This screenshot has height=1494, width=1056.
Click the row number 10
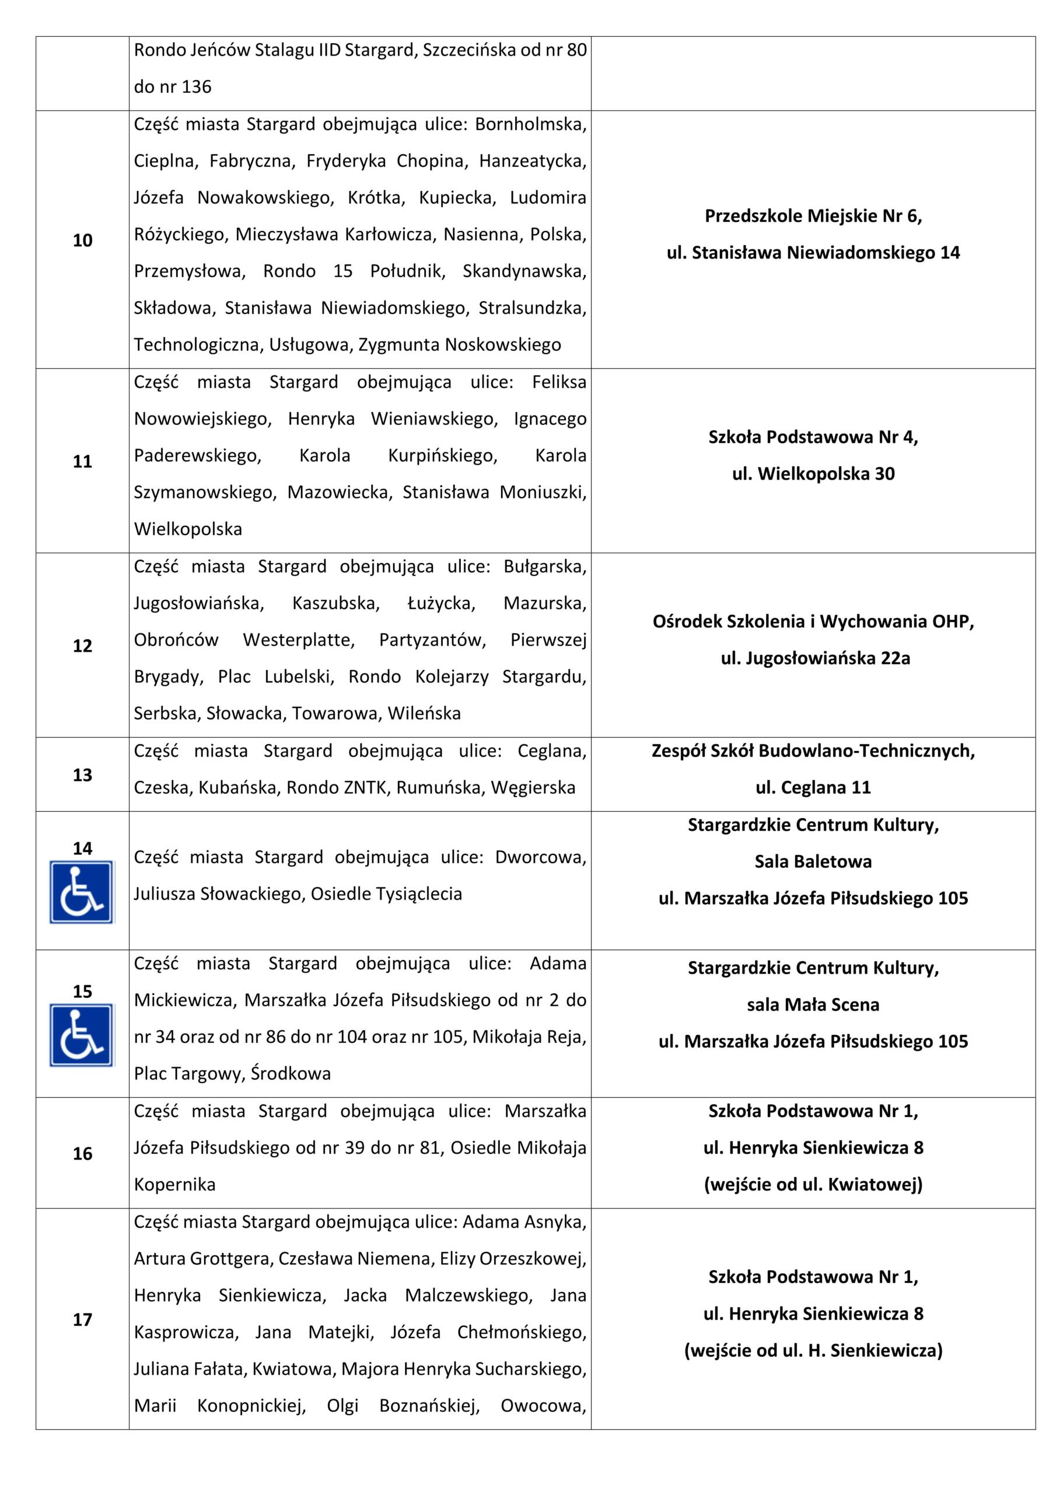[83, 240]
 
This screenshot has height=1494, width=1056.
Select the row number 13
[83, 774]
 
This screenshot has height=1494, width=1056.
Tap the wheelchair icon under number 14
[82, 892]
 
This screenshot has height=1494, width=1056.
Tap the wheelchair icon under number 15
[82, 1035]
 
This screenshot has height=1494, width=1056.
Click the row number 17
[83, 1319]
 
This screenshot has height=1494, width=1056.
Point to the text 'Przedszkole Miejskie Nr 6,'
[813, 216]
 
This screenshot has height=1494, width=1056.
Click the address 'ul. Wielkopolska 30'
[813, 474]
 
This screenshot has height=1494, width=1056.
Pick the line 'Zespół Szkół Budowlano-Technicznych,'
[813, 751]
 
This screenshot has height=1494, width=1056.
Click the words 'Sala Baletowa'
[813, 861]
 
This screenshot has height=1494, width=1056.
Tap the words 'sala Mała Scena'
[813, 1005]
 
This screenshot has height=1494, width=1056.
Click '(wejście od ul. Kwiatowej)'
[813, 1184]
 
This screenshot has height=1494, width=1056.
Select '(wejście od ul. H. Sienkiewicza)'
[813, 1350]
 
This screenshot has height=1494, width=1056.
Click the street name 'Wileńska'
[424, 713]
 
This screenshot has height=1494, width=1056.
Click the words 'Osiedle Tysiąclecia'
[386, 893]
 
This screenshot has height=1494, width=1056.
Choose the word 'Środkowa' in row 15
[291, 1074]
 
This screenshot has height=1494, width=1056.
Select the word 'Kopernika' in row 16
[174, 1184]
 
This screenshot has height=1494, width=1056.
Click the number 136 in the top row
[197, 86]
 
